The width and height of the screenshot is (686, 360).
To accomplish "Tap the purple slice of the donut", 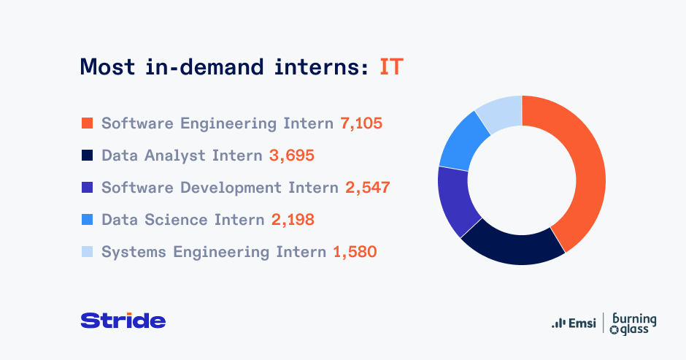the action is pos(455,201).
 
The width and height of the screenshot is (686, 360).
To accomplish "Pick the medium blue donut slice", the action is pos(461,141).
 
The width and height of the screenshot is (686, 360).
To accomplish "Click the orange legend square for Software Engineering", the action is pos(87,123).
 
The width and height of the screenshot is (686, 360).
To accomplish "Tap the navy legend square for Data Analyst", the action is pos(87,155).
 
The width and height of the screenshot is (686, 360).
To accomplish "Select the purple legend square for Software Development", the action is pos(87,188).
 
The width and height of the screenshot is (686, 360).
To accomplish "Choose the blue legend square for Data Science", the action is pos(87,219).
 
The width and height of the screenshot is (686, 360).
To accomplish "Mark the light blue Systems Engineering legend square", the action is pos(87,252).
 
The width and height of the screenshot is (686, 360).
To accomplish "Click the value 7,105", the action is pos(361,123).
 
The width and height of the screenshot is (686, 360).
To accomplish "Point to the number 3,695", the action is pos(292,156).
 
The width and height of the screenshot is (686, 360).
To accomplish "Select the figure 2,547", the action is pos(368,188).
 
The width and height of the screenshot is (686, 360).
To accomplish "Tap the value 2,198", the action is pos(293,220).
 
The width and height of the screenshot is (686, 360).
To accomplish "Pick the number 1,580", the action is pos(355,252).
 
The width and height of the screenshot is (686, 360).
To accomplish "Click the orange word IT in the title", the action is pos(391,67).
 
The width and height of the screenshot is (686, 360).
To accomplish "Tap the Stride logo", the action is pos(123,321).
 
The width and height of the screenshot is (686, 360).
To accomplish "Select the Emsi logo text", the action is pos(574,323).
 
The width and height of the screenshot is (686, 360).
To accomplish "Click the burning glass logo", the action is pos(633,324).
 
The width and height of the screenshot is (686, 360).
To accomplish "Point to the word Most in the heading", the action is pos(107,67).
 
